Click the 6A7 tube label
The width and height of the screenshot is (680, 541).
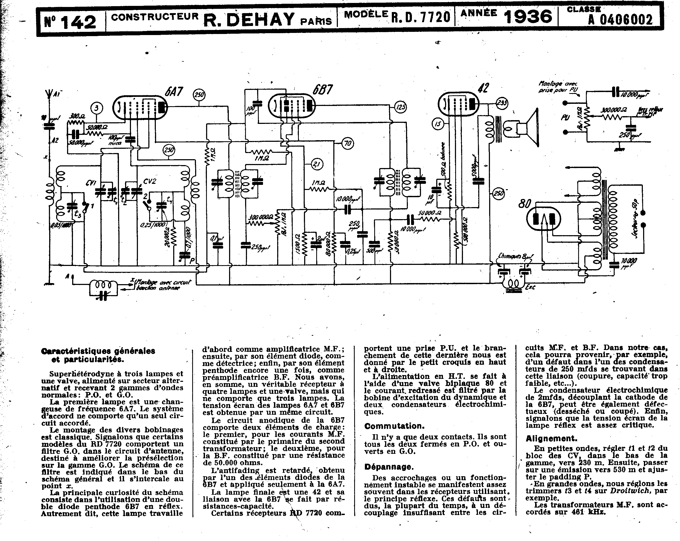click(x=174, y=92)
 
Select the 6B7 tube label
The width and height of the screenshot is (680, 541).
click(x=323, y=90)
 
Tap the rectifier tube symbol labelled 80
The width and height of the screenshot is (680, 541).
click(x=544, y=219)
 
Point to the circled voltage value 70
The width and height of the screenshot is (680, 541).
click(x=347, y=144)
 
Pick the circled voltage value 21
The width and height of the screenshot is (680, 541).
click(x=317, y=163)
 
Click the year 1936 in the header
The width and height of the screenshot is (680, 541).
click(x=528, y=17)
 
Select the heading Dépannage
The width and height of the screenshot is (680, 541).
click(x=389, y=467)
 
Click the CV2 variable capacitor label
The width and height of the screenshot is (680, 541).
click(x=149, y=181)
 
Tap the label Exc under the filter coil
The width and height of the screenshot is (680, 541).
click(x=530, y=287)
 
